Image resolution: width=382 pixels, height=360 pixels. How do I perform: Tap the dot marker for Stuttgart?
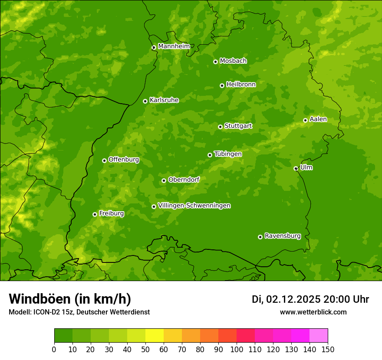(220, 127)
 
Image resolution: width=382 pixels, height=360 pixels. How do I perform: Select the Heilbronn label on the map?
(241, 84)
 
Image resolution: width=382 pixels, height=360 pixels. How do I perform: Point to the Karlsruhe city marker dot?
(145, 101)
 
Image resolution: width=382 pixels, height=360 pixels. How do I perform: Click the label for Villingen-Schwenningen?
(194, 206)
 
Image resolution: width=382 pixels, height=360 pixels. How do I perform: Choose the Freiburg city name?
(111, 213)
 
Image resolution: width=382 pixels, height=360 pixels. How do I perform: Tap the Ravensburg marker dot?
(260, 237)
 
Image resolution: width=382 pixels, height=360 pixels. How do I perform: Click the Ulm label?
(306, 167)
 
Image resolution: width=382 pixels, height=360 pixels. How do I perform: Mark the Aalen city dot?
(305, 120)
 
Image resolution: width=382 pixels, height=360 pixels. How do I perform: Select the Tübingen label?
(228, 154)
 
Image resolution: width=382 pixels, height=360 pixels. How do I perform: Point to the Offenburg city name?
(123, 160)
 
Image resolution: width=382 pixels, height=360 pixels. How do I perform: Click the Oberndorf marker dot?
(164, 180)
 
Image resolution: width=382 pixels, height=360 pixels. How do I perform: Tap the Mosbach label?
(233, 61)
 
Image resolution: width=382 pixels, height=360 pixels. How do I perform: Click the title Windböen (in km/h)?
(70, 299)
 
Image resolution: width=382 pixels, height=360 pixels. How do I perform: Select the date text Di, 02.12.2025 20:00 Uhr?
(310, 299)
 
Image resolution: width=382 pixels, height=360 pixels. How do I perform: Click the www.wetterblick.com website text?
(313, 312)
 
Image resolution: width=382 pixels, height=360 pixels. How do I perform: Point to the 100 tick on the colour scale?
(237, 349)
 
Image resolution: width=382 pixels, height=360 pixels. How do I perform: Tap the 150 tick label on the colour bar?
(328, 349)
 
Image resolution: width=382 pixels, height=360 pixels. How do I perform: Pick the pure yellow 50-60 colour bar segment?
(155, 336)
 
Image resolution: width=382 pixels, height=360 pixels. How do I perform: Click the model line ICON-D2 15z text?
(79, 312)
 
